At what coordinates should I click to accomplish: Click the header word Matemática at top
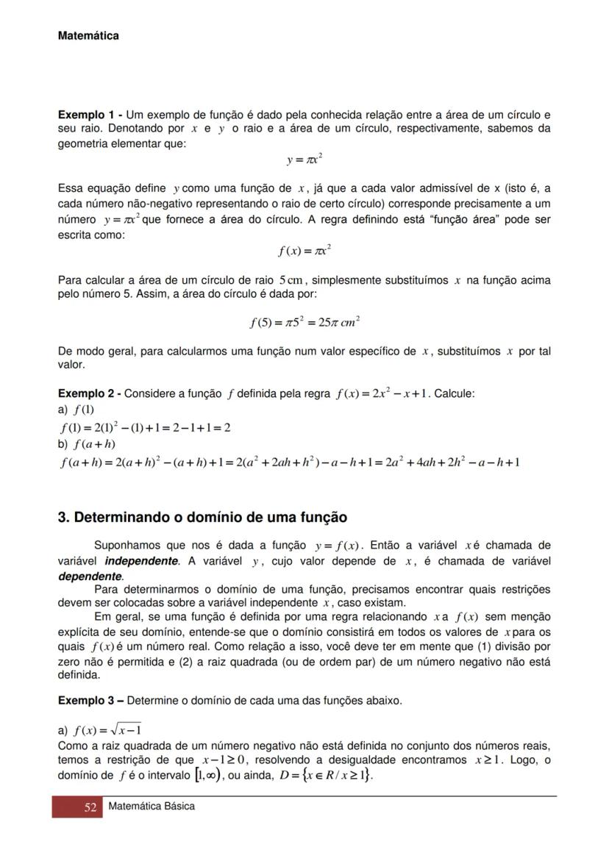(x=88, y=35)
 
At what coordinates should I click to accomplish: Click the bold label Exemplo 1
(x=88, y=115)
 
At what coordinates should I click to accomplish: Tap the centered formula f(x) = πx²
(x=304, y=251)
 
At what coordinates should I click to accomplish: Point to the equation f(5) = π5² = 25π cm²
(x=304, y=322)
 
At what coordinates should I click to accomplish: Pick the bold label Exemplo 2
(x=88, y=393)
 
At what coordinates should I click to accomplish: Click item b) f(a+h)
(x=87, y=444)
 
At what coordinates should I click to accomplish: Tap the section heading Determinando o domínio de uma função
(x=202, y=518)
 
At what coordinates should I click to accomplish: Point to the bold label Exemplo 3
(x=88, y=701)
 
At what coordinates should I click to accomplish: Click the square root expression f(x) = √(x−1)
(x=107, y=730)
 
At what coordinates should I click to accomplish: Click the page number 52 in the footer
(x=90, y=807)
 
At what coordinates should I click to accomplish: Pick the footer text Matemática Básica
(x=152, y=807)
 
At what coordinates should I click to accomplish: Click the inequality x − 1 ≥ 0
(x=225, y=760)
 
